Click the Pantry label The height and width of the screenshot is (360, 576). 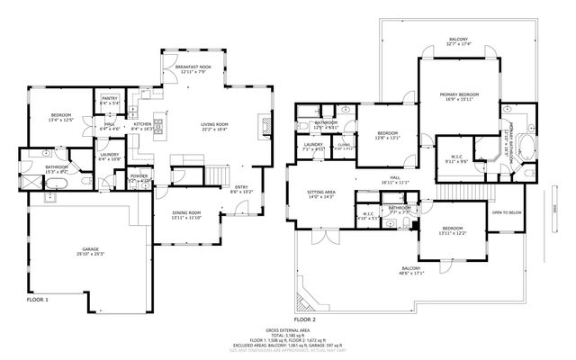(x=109, y=101)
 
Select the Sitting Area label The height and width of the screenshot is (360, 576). (x=321, y=193)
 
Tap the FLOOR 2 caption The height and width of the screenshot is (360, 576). (x=305, y=319)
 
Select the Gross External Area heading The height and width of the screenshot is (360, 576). (x=288, y=330)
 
